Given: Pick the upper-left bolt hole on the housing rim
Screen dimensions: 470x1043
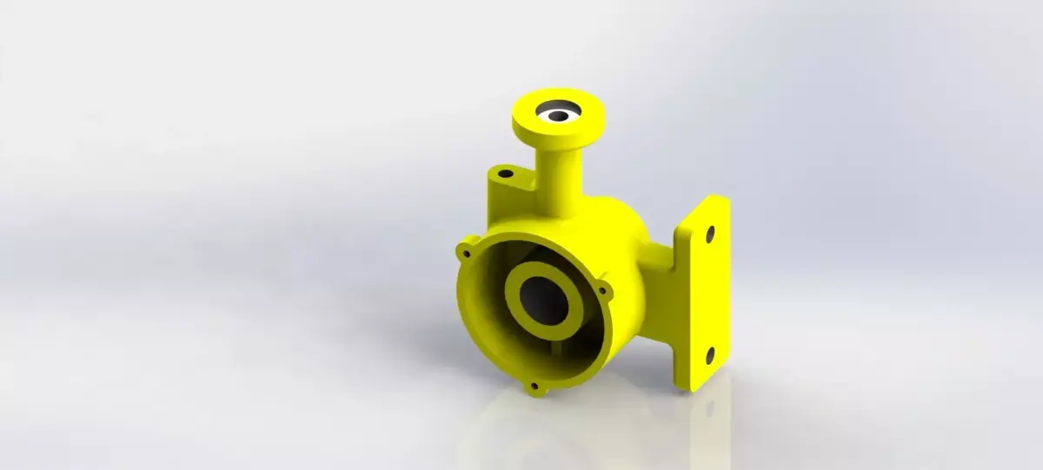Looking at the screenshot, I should [x=467, y=255].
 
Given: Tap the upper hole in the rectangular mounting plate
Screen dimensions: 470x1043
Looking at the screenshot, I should [x=710, y=234].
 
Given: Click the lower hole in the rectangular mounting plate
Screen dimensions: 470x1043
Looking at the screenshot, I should [x=709, y=355].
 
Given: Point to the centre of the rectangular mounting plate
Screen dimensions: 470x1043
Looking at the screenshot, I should [x=706, y=294].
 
